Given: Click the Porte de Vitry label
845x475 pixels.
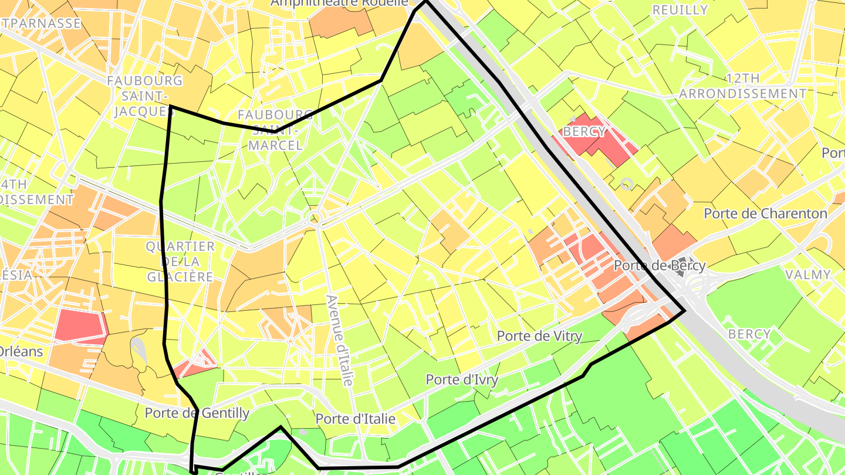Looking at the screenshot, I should (x=539, y=336).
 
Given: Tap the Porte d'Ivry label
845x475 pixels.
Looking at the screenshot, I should (x=462, y=379).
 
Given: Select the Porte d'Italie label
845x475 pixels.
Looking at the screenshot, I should (x=355, y=419).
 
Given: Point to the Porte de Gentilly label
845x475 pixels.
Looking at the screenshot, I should (x=197, y=413).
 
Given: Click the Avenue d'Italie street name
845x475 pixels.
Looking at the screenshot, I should (x=340, y=340).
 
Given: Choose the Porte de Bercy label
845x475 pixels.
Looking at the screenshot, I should (x=652, y=266).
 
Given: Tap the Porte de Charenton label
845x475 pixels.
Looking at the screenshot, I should (x=765, y=213).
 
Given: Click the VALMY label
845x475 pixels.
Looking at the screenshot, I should (x=808, y=274).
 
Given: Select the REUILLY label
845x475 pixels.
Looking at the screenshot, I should (x=680, y=10).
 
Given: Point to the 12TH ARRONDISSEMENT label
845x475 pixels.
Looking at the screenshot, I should (x=743, y=86).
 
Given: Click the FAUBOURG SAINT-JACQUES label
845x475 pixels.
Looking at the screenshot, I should (x=144, y=96).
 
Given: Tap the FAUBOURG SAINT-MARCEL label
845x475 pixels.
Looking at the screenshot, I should (x=275, y=129).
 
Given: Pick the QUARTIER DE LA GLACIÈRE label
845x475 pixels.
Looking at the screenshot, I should (x=180, y=261).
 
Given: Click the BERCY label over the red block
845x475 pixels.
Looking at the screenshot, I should (x=584, y=132).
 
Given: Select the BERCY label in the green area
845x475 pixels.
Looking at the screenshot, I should (x=749, y=334).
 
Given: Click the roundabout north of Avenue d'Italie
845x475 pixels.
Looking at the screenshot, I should (x=315, y=219).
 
